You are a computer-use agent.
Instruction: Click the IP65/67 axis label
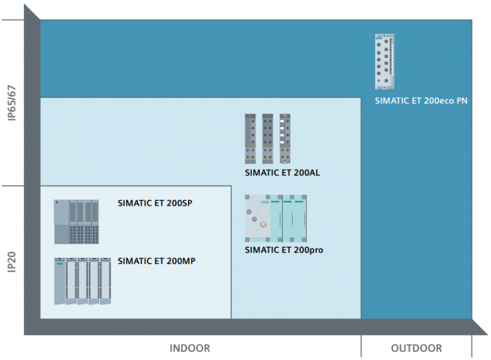(x=12, y=103)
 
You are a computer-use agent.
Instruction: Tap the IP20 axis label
(x=12, y=262)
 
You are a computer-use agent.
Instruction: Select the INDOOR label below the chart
(x=190, y=348)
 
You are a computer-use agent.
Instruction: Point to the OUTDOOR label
(x=417, y=348)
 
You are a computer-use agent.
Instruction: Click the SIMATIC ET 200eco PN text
(x=421, y=101)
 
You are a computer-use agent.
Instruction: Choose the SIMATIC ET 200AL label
(x=282, y=173)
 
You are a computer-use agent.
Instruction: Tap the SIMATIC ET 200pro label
(x=284, y=250)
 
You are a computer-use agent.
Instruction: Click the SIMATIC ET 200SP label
(x=155, y=203)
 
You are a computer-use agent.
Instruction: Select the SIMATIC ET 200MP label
(x=157, y=261)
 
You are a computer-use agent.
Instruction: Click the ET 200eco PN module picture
(x=385, y=61)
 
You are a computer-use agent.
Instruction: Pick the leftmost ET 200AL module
(x=250, y=139)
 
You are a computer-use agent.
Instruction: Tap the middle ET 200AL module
(x=268, y=139)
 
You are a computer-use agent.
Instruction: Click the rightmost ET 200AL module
(x=285, y=139)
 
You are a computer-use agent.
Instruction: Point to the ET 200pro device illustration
(x=276, y=218)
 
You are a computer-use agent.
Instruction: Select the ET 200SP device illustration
(x=76, y=222)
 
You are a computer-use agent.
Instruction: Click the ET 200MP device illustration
(x=83, y=281)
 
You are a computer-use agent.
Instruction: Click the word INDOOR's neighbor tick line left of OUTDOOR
(x=361, y=346)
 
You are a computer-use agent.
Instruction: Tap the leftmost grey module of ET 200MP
(x=60, y=281)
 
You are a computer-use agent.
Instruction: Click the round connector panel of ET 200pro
(x=257, y=218)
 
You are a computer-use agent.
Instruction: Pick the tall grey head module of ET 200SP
(x=61, y=222)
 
